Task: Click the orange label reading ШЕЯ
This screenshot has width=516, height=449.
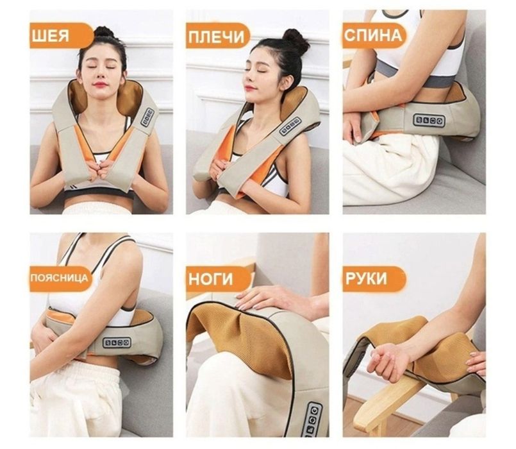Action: point(61,35)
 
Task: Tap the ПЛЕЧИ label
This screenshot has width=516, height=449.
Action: point(217,35)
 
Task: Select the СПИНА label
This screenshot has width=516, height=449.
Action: point(374,35)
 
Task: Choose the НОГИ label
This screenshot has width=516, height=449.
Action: point(217,278)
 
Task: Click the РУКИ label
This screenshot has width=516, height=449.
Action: point(374,279)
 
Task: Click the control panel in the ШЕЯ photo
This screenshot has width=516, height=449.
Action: point(147,117)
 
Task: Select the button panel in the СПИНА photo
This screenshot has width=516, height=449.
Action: point(429,121)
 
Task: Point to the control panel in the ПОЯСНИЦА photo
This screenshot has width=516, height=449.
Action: point(117,343)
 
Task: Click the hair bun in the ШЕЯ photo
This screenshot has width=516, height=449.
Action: point(104,32)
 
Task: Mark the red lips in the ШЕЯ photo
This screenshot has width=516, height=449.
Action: point(100,84)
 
